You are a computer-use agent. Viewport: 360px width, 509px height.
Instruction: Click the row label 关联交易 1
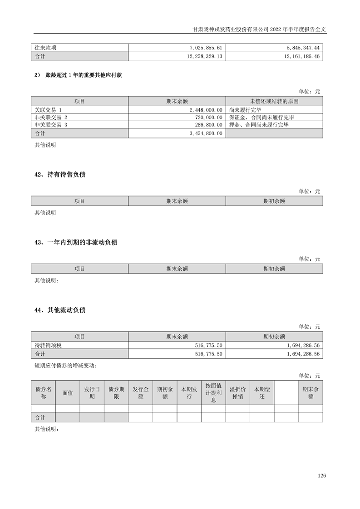[48, 110]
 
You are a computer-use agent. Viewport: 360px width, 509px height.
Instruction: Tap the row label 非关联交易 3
[51, 124]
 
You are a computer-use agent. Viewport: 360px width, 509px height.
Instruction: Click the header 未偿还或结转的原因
[274, 101]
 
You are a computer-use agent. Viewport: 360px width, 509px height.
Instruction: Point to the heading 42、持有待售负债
[60, 175]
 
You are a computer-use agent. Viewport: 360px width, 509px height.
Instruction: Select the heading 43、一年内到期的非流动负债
[76, 243]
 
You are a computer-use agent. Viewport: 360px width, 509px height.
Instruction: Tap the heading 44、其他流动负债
[60, 310]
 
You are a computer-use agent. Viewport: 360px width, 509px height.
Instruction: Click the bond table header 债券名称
[43, 393]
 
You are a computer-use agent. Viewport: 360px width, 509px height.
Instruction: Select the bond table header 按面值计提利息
[213, 393]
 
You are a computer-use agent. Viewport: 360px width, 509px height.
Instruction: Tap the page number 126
[322, 476]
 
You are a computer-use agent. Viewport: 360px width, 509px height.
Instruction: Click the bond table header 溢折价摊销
[237, 393]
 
